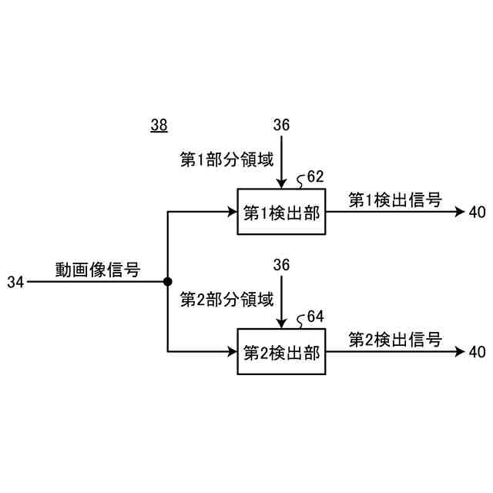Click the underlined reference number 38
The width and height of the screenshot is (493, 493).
point(159,125)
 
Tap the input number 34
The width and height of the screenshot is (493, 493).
point(15,283)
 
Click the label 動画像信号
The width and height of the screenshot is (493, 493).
point(97,270)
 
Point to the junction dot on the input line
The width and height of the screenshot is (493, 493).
point(167,282)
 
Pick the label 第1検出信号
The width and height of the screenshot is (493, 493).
point(395,200)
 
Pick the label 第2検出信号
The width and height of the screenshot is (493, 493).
point(395,339)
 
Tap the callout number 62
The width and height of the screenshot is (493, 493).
point(315,177)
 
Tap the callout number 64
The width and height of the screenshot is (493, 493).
point(315,317)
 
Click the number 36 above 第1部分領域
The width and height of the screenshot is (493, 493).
point(282,125)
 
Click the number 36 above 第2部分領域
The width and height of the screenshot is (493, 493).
point(282,264)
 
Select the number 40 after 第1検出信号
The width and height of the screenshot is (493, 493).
point(477,213)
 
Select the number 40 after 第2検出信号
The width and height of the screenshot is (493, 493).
point(477,352)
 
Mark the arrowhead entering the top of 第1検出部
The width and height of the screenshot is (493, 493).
point(282,183)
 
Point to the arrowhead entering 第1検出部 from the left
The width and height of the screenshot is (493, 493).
point(232,212)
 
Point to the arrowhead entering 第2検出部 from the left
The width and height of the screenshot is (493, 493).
point(232,352)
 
